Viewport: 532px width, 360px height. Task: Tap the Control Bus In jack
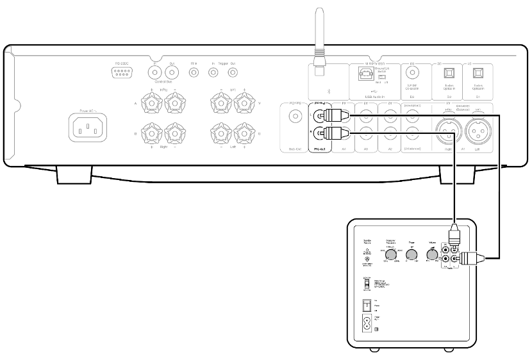click(x=155, y=73)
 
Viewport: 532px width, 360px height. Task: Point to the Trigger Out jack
click(x=232, y=73)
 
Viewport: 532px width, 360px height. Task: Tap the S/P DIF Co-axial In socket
click(x=412, y=74)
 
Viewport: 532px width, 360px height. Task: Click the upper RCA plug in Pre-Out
click(x=334, y=117)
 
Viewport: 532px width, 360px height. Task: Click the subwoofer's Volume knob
click(x=431, y=255)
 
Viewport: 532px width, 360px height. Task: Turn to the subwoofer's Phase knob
click(x=410, y=255)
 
